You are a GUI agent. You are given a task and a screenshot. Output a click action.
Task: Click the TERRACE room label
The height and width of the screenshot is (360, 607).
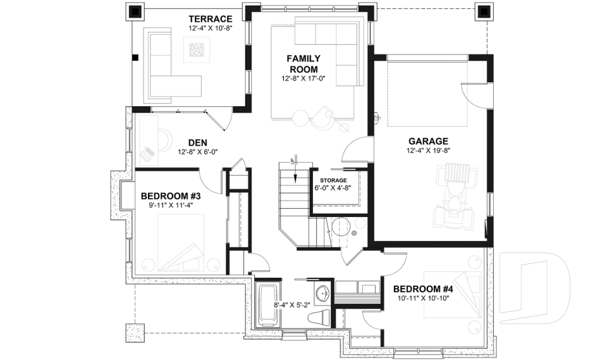tap(210, 18)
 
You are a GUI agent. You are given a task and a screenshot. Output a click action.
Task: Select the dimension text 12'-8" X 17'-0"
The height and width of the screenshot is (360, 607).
tap(303, 79)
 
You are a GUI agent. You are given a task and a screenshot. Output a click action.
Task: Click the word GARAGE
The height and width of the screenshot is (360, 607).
tap(427, 141)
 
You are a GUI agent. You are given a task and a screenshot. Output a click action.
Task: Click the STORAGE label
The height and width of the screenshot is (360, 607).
tap(333, 180)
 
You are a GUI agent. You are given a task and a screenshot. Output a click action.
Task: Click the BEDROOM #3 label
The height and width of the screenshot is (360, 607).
tap(170, 195)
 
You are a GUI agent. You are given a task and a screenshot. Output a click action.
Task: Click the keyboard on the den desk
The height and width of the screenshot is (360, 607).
tap(147, 153)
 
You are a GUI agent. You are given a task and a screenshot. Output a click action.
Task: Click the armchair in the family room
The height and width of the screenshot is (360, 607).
tap(322, 115)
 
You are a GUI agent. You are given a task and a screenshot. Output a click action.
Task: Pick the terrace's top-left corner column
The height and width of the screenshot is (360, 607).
tap(135, 11)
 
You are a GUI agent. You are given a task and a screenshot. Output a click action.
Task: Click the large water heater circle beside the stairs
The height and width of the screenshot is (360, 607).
tap(342, 226)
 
